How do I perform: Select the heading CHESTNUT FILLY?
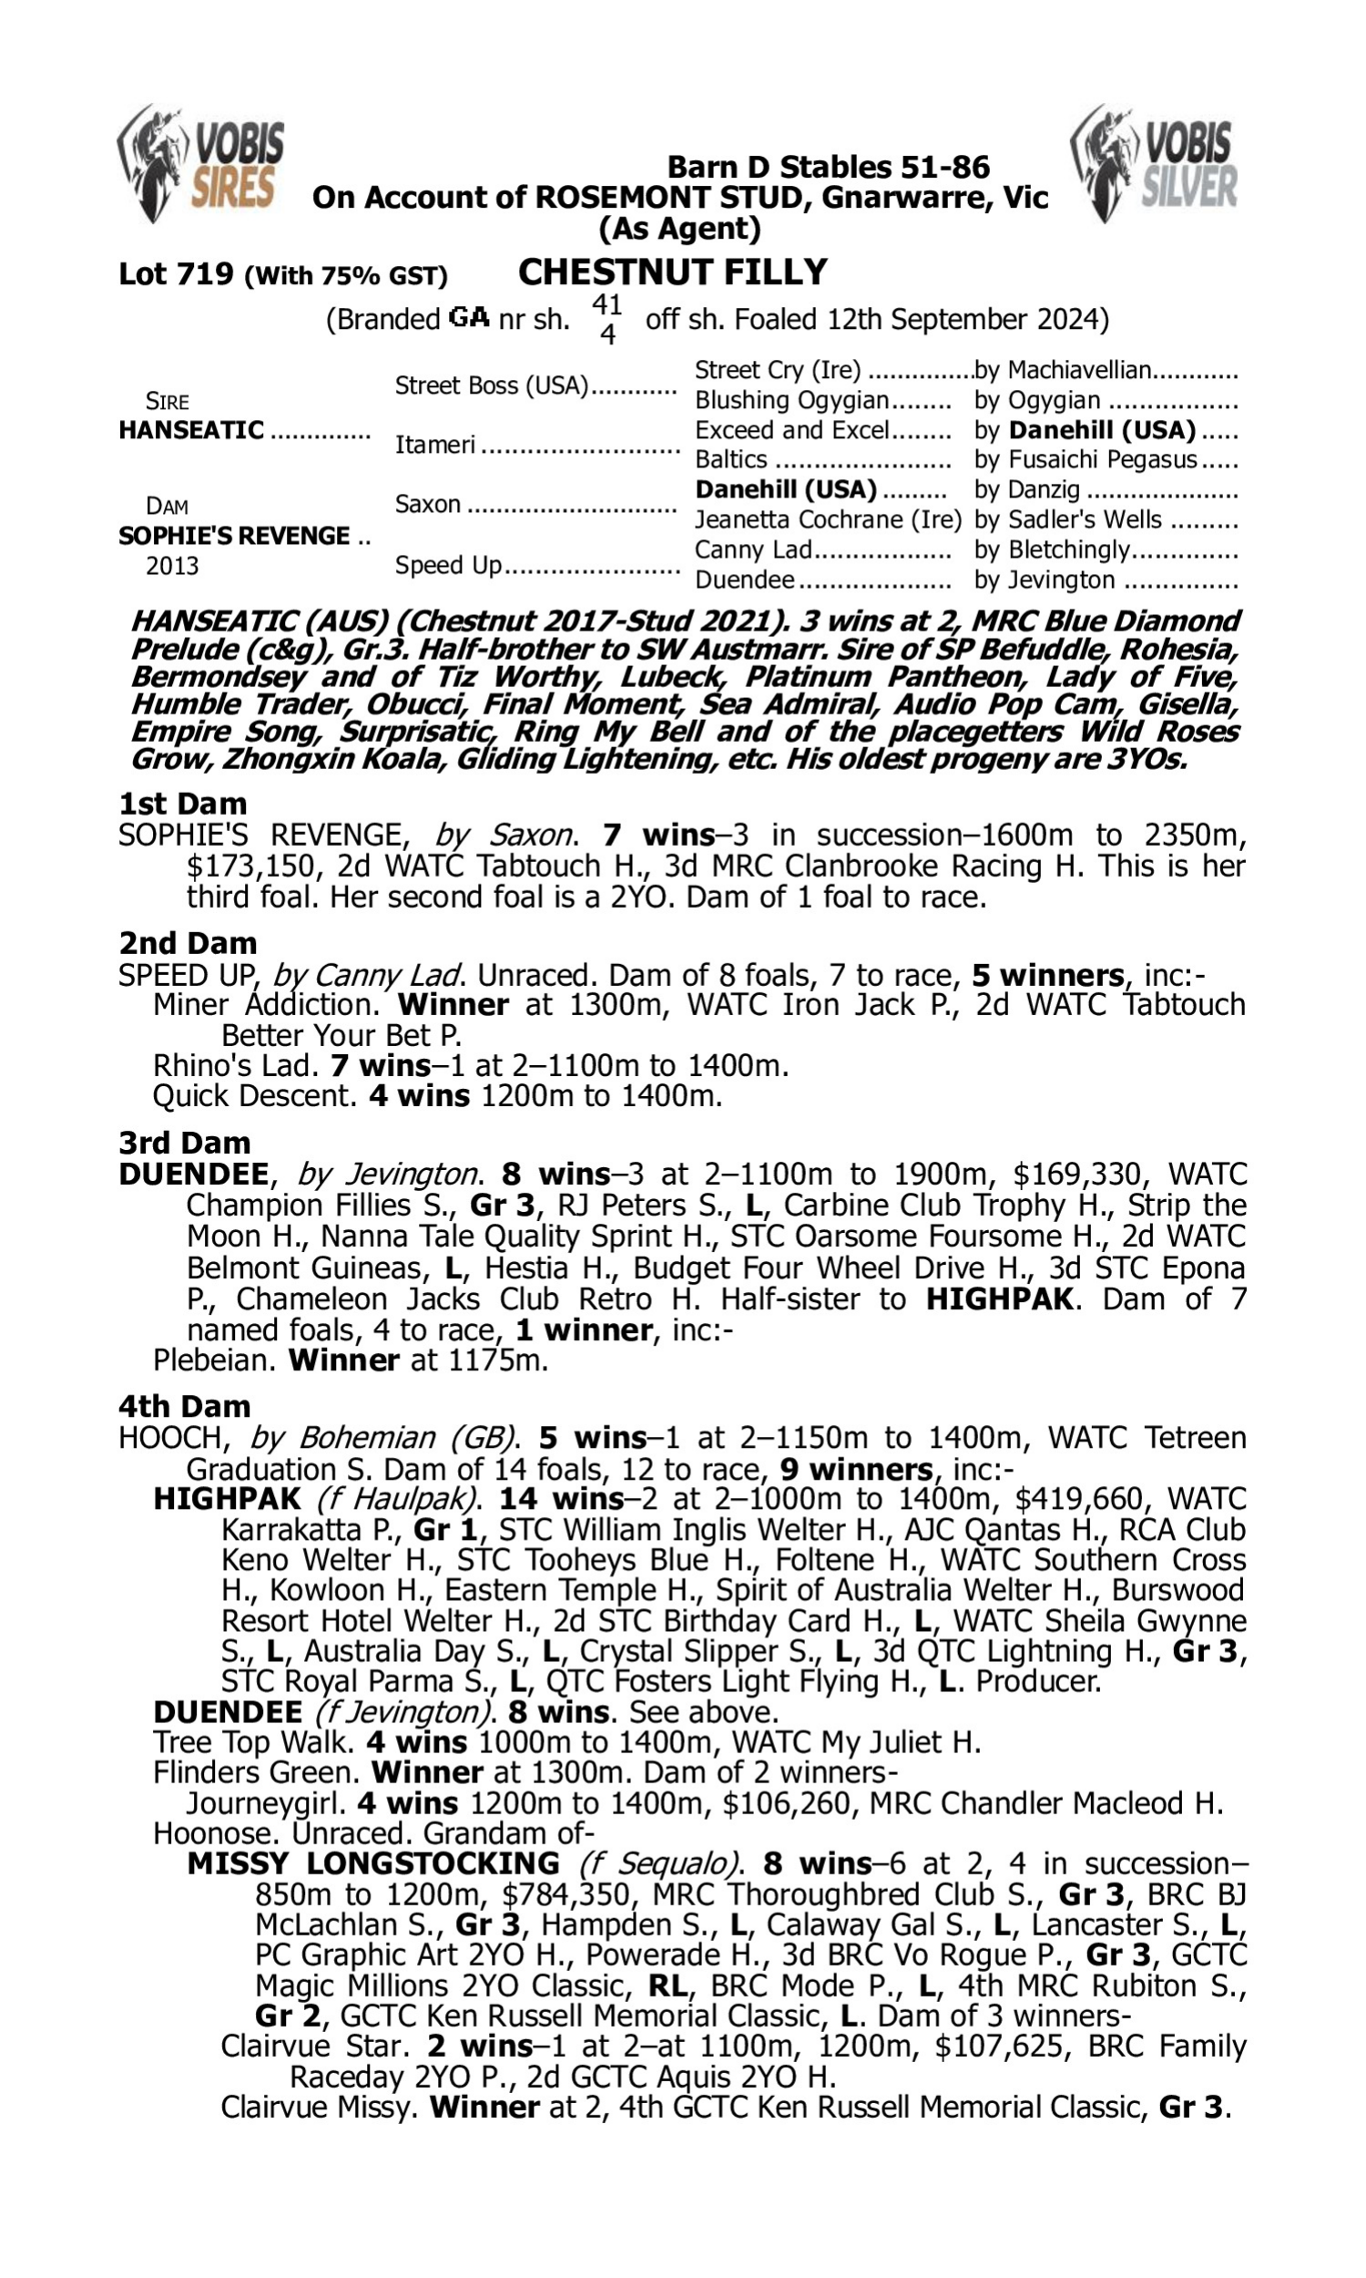pos(673,272)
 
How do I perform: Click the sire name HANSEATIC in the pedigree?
pos(190,430)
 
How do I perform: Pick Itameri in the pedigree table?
pos(434,445)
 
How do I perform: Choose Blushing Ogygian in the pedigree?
pos(790,401)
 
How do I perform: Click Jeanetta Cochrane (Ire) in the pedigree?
pos(828,520)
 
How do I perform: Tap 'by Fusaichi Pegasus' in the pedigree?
pos(1086,459)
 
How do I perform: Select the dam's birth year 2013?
pos(172,565)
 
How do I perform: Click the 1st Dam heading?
pos(182,804)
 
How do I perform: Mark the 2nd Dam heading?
pos(187,943)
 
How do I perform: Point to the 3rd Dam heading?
pos(184,1143)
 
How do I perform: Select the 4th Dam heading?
pos(184,1406)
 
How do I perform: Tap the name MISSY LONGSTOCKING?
pos(372,1864)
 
